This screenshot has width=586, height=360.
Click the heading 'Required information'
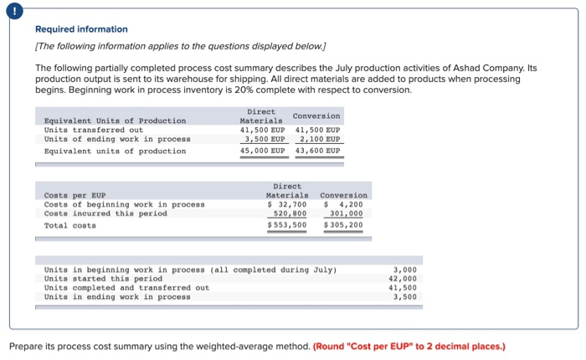pos(81,29)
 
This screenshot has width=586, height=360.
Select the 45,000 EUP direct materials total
pos(263,152)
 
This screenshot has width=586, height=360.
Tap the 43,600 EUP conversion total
pos(318,152)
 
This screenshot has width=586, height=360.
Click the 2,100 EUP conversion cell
pos(319,140)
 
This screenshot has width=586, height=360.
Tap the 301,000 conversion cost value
pos(346,213)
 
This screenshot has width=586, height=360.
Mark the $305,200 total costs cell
pos(343,225)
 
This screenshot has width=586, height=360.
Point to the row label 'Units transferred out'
pos(94,130)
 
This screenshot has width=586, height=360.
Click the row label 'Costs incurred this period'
pos(105,213)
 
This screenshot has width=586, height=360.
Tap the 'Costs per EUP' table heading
pos(75,194)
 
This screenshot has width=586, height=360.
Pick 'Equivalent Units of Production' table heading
pos(115,121)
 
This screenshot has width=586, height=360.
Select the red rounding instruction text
pos(409,346)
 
